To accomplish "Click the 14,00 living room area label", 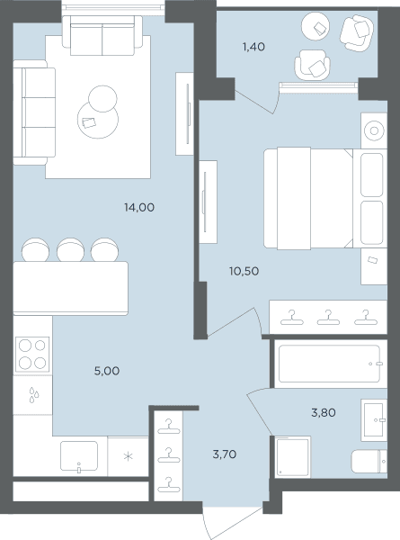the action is pyautogui.click(x=139, y=208).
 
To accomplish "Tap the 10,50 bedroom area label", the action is pyautogui.click(x=244, y=272).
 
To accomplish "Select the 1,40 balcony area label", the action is pyautogui.click(x=253, y=47).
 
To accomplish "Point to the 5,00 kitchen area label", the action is pyautogui.click(x=107, y=371).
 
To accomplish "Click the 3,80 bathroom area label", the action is pyautogui.click(x=324, y=412).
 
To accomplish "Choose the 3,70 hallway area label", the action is pyautogui.click(x=225, y=454).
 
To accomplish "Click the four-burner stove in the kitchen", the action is pyautogui.click(x=32, y=355).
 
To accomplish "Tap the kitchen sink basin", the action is pyautogui.click(x=79, y=456).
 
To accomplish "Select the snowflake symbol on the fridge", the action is pyautogui.click(x=128, y=457).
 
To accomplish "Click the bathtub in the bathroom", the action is pyautogui.click(x=330, y=364).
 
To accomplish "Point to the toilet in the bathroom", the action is pyautogui.click(x=369, y=461).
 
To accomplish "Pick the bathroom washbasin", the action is pyautogui.click(x=374, y=420).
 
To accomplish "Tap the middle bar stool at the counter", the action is pyautogui.click(x=70, y=249).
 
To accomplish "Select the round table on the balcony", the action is pyautogui.click(x=316, y=26).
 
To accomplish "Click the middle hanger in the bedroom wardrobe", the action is pyautogui.click(x=328, y=318).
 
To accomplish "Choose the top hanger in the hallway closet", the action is pyautogui.click(x=168, y=426).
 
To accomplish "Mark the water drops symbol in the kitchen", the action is pyautogui.click(x=33, y=395).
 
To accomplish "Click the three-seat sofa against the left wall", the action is pyautogui.click(x=34, y=112).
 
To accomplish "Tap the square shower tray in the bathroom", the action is pyautogui.click(x=293, y=457).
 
